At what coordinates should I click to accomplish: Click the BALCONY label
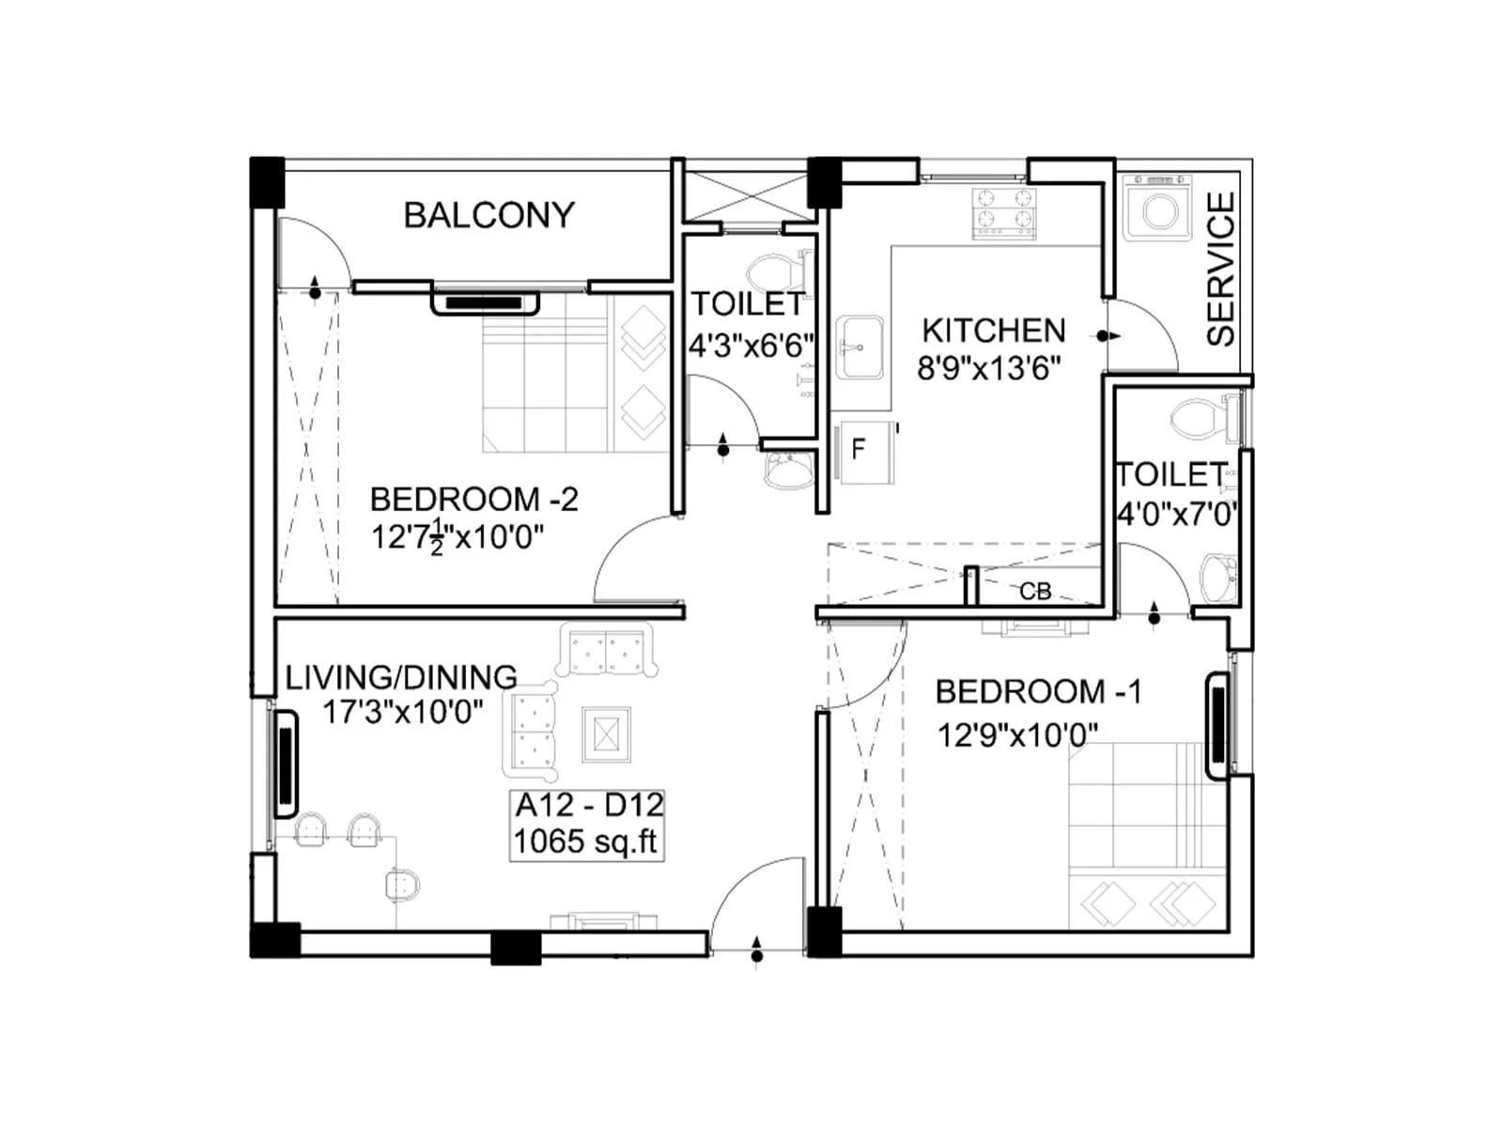point(488,215)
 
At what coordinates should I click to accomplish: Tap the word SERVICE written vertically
point(1220,270)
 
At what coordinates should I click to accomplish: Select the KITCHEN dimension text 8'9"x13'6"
point(989,368)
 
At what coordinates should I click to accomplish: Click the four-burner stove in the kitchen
point(1003,211)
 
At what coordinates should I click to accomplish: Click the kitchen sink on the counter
point(859,347)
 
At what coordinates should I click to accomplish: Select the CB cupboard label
point(1035,591)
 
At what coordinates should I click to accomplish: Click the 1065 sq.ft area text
point(586,841)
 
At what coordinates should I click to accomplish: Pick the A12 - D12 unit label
point(589,805)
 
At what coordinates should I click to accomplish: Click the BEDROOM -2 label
point(473,499)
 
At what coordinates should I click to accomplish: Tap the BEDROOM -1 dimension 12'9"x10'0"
point(1017,733)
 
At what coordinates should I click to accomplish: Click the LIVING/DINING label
point(401,677)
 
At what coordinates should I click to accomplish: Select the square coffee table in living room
point(606,733)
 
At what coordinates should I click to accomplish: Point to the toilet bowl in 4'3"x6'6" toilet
point(768,272)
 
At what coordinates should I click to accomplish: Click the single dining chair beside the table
point(402,884)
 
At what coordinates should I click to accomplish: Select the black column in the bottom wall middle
point(516,947)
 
